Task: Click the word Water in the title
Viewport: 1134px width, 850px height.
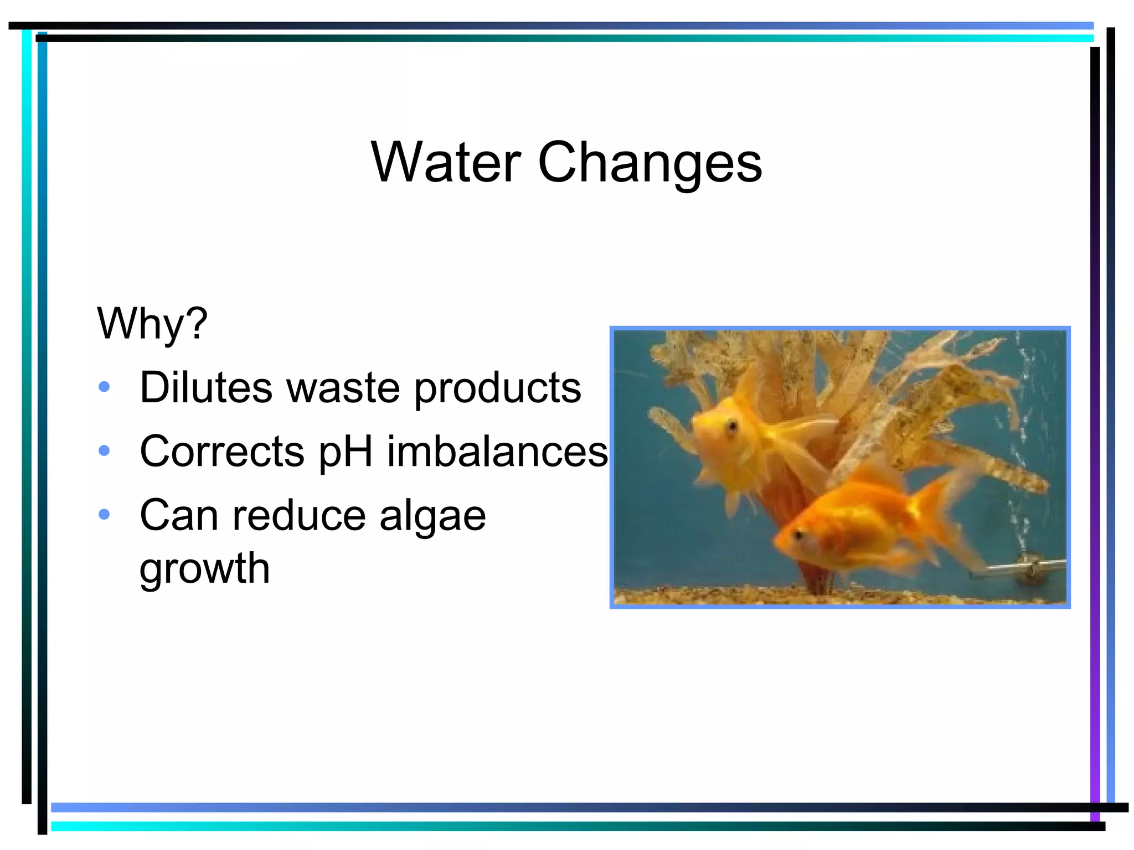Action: tap(446, 162)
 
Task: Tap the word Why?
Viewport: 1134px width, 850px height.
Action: tap(152, 323)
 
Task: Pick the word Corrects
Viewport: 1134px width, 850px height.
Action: tap(222, 452)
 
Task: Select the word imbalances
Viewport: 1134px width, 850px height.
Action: tap(497, 452)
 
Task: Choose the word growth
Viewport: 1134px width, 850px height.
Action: tap(204, 569)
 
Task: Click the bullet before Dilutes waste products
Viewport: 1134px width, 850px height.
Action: tap(104, 387)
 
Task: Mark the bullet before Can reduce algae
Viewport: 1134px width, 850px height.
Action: tap(104, 515)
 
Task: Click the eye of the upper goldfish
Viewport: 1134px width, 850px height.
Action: tap(733, 426)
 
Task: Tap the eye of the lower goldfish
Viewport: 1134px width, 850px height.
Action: tap(798, 535)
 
